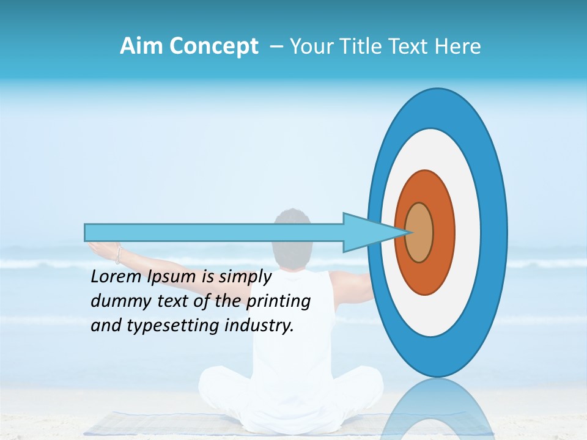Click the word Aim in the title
[x=142, y=46]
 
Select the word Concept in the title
[x=213, y=47]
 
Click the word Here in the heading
[x=458, y=46]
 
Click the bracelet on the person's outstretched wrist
[x=118, y=254]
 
